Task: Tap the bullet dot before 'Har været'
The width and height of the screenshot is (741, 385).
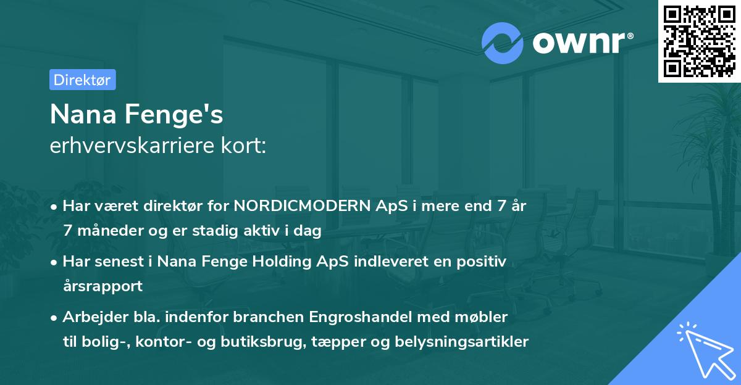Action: click(55, 207)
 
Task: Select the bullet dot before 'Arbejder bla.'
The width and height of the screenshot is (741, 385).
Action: click(55, 318)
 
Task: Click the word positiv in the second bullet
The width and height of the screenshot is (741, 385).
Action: click(484, 262)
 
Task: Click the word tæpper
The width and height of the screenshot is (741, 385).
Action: click(330, 341)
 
